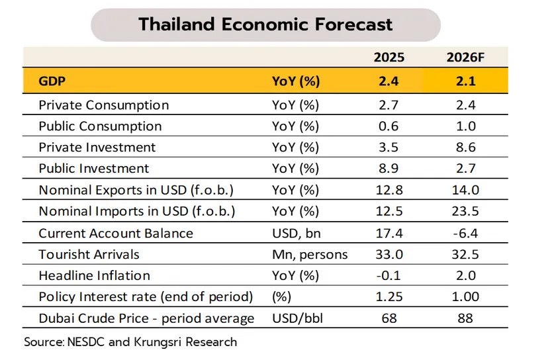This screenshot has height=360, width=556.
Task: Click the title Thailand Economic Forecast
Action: [x=265, y=24]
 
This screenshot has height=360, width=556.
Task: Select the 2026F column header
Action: [x=465, y=58]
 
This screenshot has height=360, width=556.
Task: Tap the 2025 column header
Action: [x=389, y=58]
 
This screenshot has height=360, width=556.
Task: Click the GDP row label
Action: [x=52, y=81]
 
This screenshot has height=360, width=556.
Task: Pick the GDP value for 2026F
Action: [x=465, y=81]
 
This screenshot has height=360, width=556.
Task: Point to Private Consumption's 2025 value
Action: [x=389, y=105]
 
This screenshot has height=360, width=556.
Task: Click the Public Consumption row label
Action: [x=100, y=126]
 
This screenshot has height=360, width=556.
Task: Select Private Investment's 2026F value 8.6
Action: [x=465, y=147]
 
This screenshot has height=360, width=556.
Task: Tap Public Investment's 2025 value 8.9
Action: [x=389, y=168]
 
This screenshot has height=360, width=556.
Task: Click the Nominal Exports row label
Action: [x=136, y=190]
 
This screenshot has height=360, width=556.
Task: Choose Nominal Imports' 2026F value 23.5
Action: [x=465, y=211]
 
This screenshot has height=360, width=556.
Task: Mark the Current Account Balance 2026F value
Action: [x=465, y=234]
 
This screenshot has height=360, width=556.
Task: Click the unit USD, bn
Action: [x=297, y=234]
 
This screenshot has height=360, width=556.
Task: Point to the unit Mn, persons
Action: [x=310, y=255]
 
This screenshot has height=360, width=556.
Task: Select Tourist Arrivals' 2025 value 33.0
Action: [x=389, y=254]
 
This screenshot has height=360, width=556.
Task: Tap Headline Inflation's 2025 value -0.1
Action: [x=389, y=275]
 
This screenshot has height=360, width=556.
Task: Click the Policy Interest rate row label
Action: [x=146, y=297]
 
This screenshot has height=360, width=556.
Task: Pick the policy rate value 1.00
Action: [x=465, y=296]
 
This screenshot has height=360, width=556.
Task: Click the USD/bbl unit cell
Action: [x=297, y=318]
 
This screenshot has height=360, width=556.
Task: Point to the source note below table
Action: [x=130, y=342]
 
